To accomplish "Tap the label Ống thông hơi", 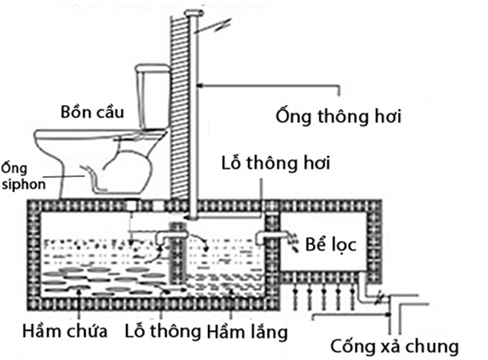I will point(339,117).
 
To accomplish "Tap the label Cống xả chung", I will point(394,346).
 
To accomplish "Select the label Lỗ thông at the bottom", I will point(163,330).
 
